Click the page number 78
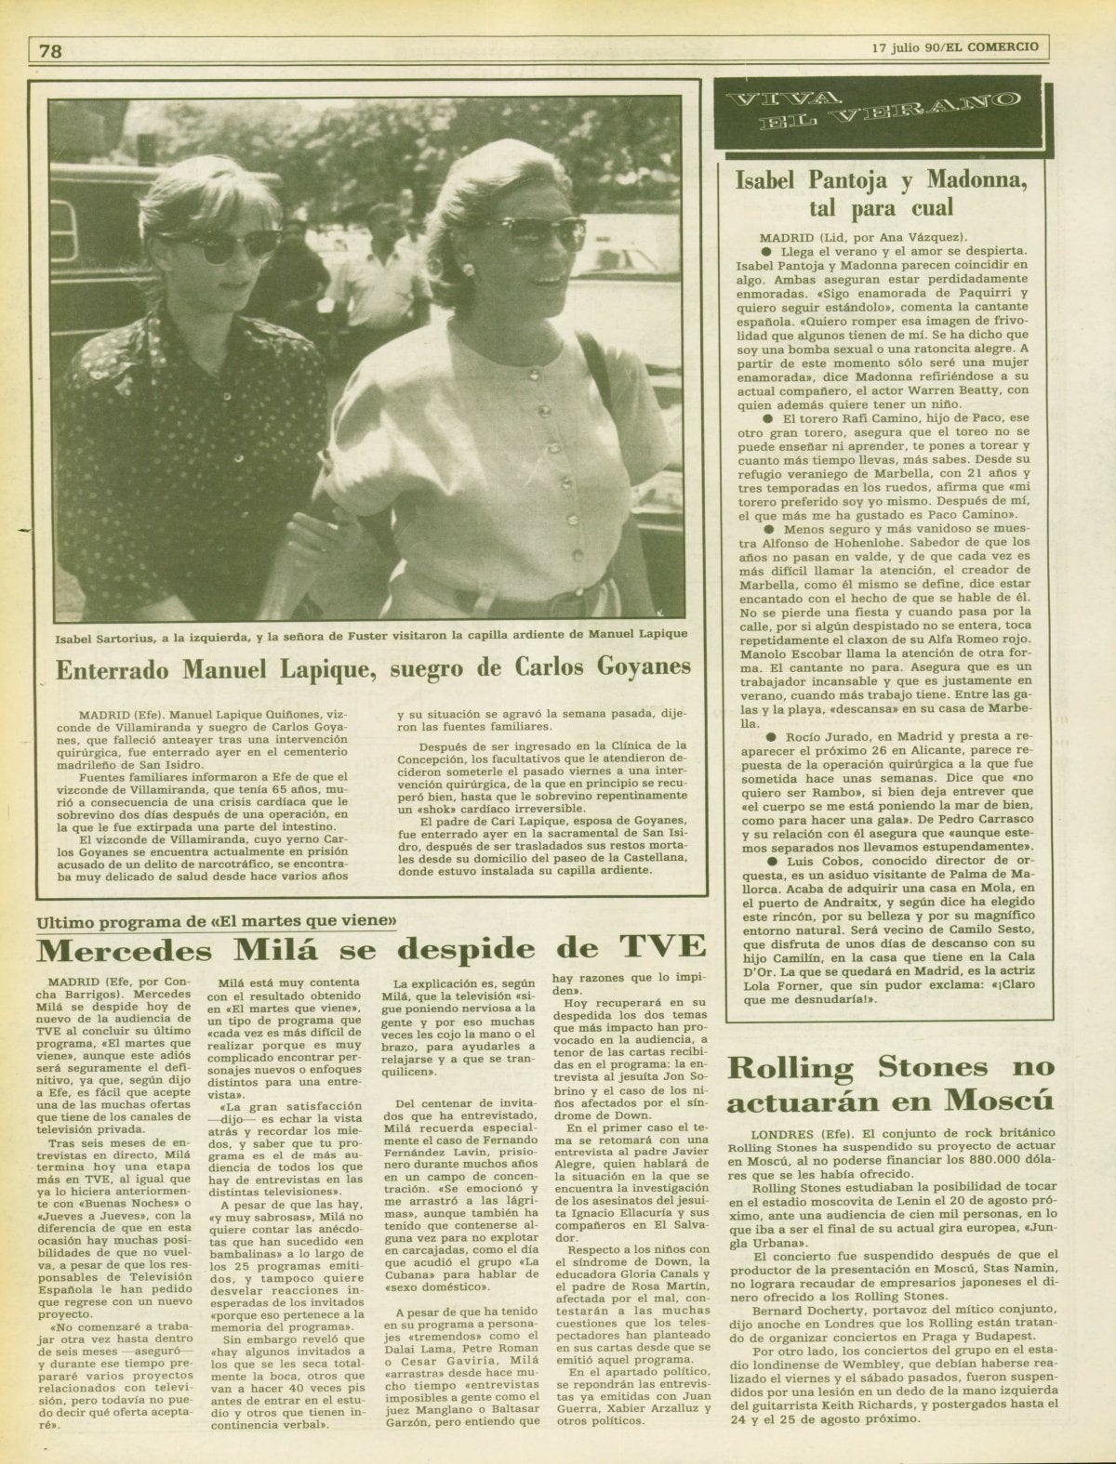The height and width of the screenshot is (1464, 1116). [x=51, y=51]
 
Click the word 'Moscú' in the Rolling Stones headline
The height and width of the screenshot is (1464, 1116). [x=1002, y=1101]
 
